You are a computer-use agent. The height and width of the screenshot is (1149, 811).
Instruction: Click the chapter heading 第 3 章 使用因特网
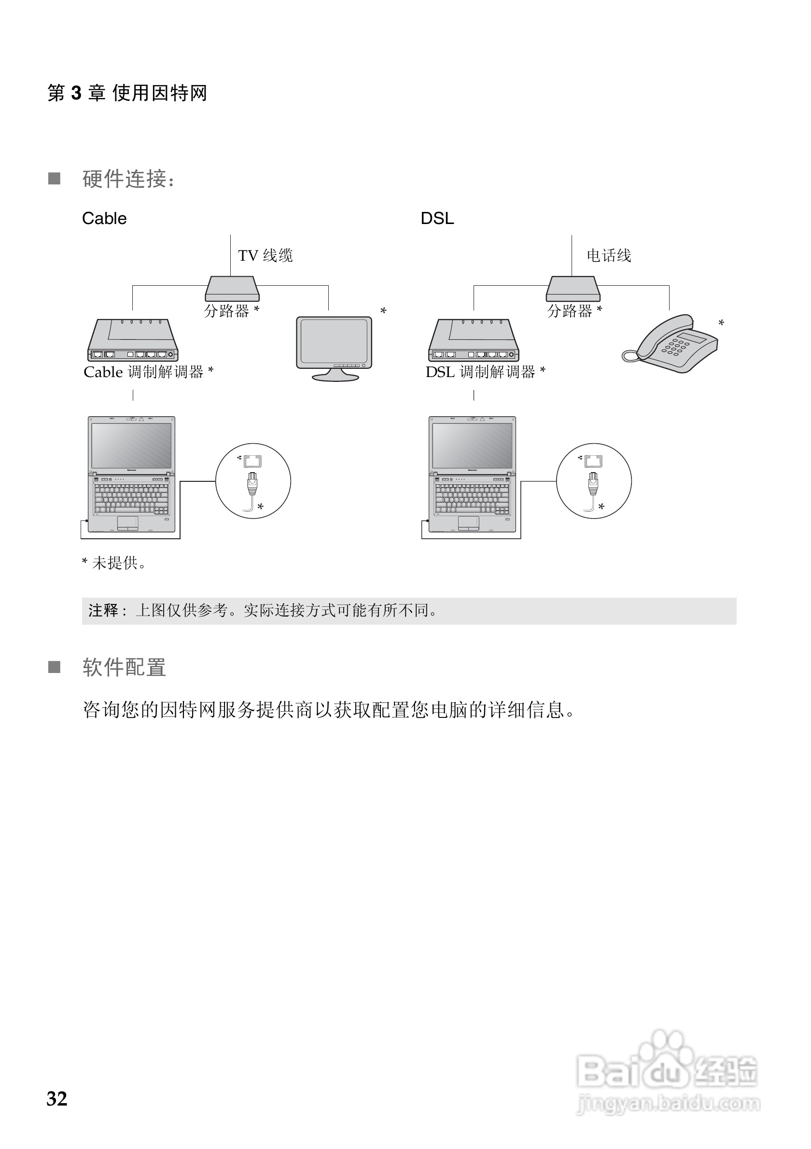click(x=127, y=93)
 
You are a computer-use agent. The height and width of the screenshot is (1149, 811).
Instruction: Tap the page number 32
click(x=57, y=1098)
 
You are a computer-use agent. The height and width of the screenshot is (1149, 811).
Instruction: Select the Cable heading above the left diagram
click(x=104, y=218)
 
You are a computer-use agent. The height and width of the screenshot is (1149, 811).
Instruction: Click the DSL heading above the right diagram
click(x=437, y=218)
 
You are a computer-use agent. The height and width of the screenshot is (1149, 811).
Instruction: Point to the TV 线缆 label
click(x=265, y=256)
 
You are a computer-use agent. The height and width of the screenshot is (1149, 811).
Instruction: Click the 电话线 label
click(x=608, y=256)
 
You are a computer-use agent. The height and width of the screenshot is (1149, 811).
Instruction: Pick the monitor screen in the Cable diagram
click(x=334, y=341)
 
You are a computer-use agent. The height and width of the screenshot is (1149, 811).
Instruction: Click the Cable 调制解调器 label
click(x=148, y=372)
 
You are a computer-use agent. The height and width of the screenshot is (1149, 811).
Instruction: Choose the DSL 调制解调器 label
click(x=485, y=372)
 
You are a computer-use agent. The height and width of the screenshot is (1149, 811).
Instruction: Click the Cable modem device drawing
click(x=133, y=340)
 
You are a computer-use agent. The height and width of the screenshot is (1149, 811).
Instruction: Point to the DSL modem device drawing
click(x=473, y=340)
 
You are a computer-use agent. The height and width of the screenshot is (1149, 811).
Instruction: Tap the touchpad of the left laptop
click(x=127, y=523)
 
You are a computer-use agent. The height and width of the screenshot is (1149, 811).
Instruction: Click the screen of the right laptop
click(x=472, y=446)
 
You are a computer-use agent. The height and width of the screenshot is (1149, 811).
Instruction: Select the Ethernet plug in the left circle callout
click(x=252, y=483)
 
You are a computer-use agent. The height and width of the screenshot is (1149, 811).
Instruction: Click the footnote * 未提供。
click(x=114, y=563)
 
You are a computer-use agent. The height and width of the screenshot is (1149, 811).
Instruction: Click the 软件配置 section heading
click(x=124, y=667)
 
